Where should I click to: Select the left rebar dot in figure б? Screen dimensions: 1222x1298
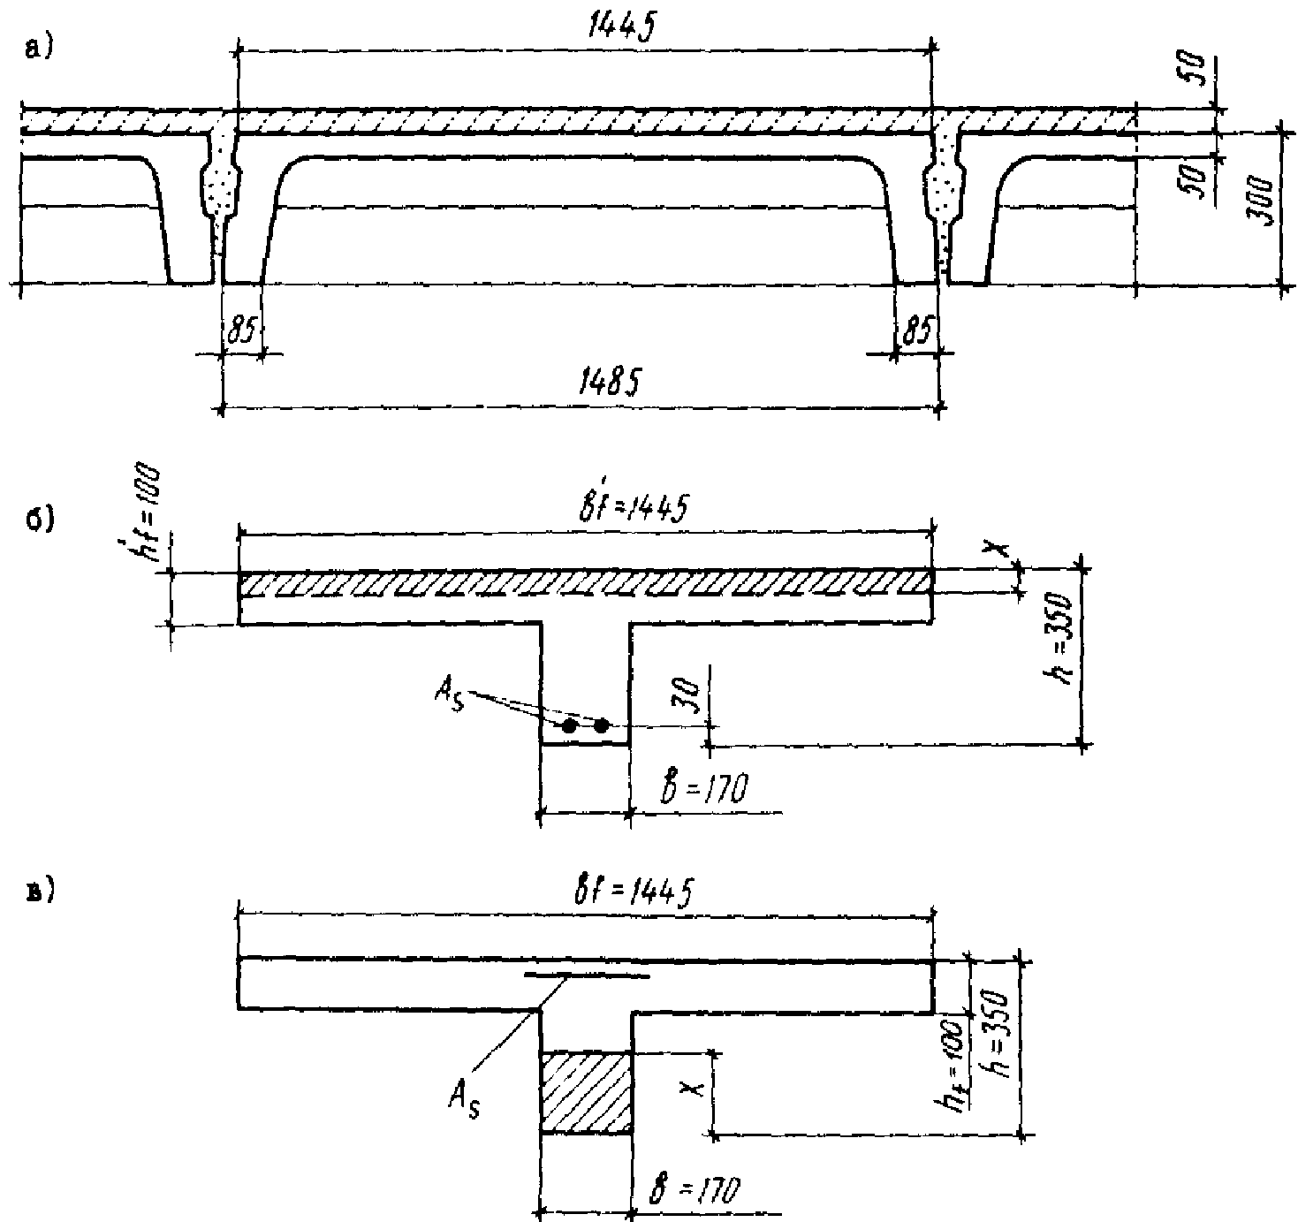[x=570, y=726]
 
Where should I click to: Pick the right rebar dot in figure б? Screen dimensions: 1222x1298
[x=602, y=726]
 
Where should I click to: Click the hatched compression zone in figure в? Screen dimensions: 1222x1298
[x=586, y=1092]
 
